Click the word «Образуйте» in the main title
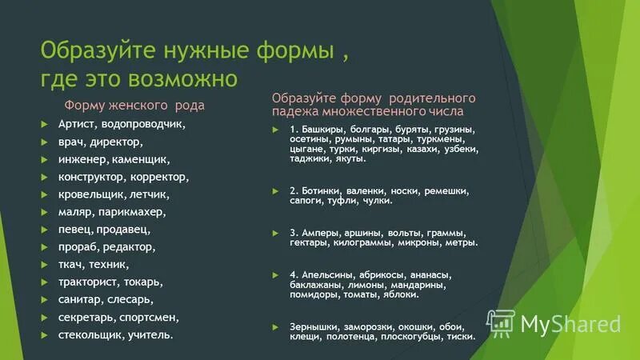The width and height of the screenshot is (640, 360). tap(95, 53)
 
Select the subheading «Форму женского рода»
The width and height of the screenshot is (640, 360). tap(134, 105)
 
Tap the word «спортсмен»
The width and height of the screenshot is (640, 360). tap(150, 318)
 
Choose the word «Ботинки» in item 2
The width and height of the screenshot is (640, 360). tap(322, 192)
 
